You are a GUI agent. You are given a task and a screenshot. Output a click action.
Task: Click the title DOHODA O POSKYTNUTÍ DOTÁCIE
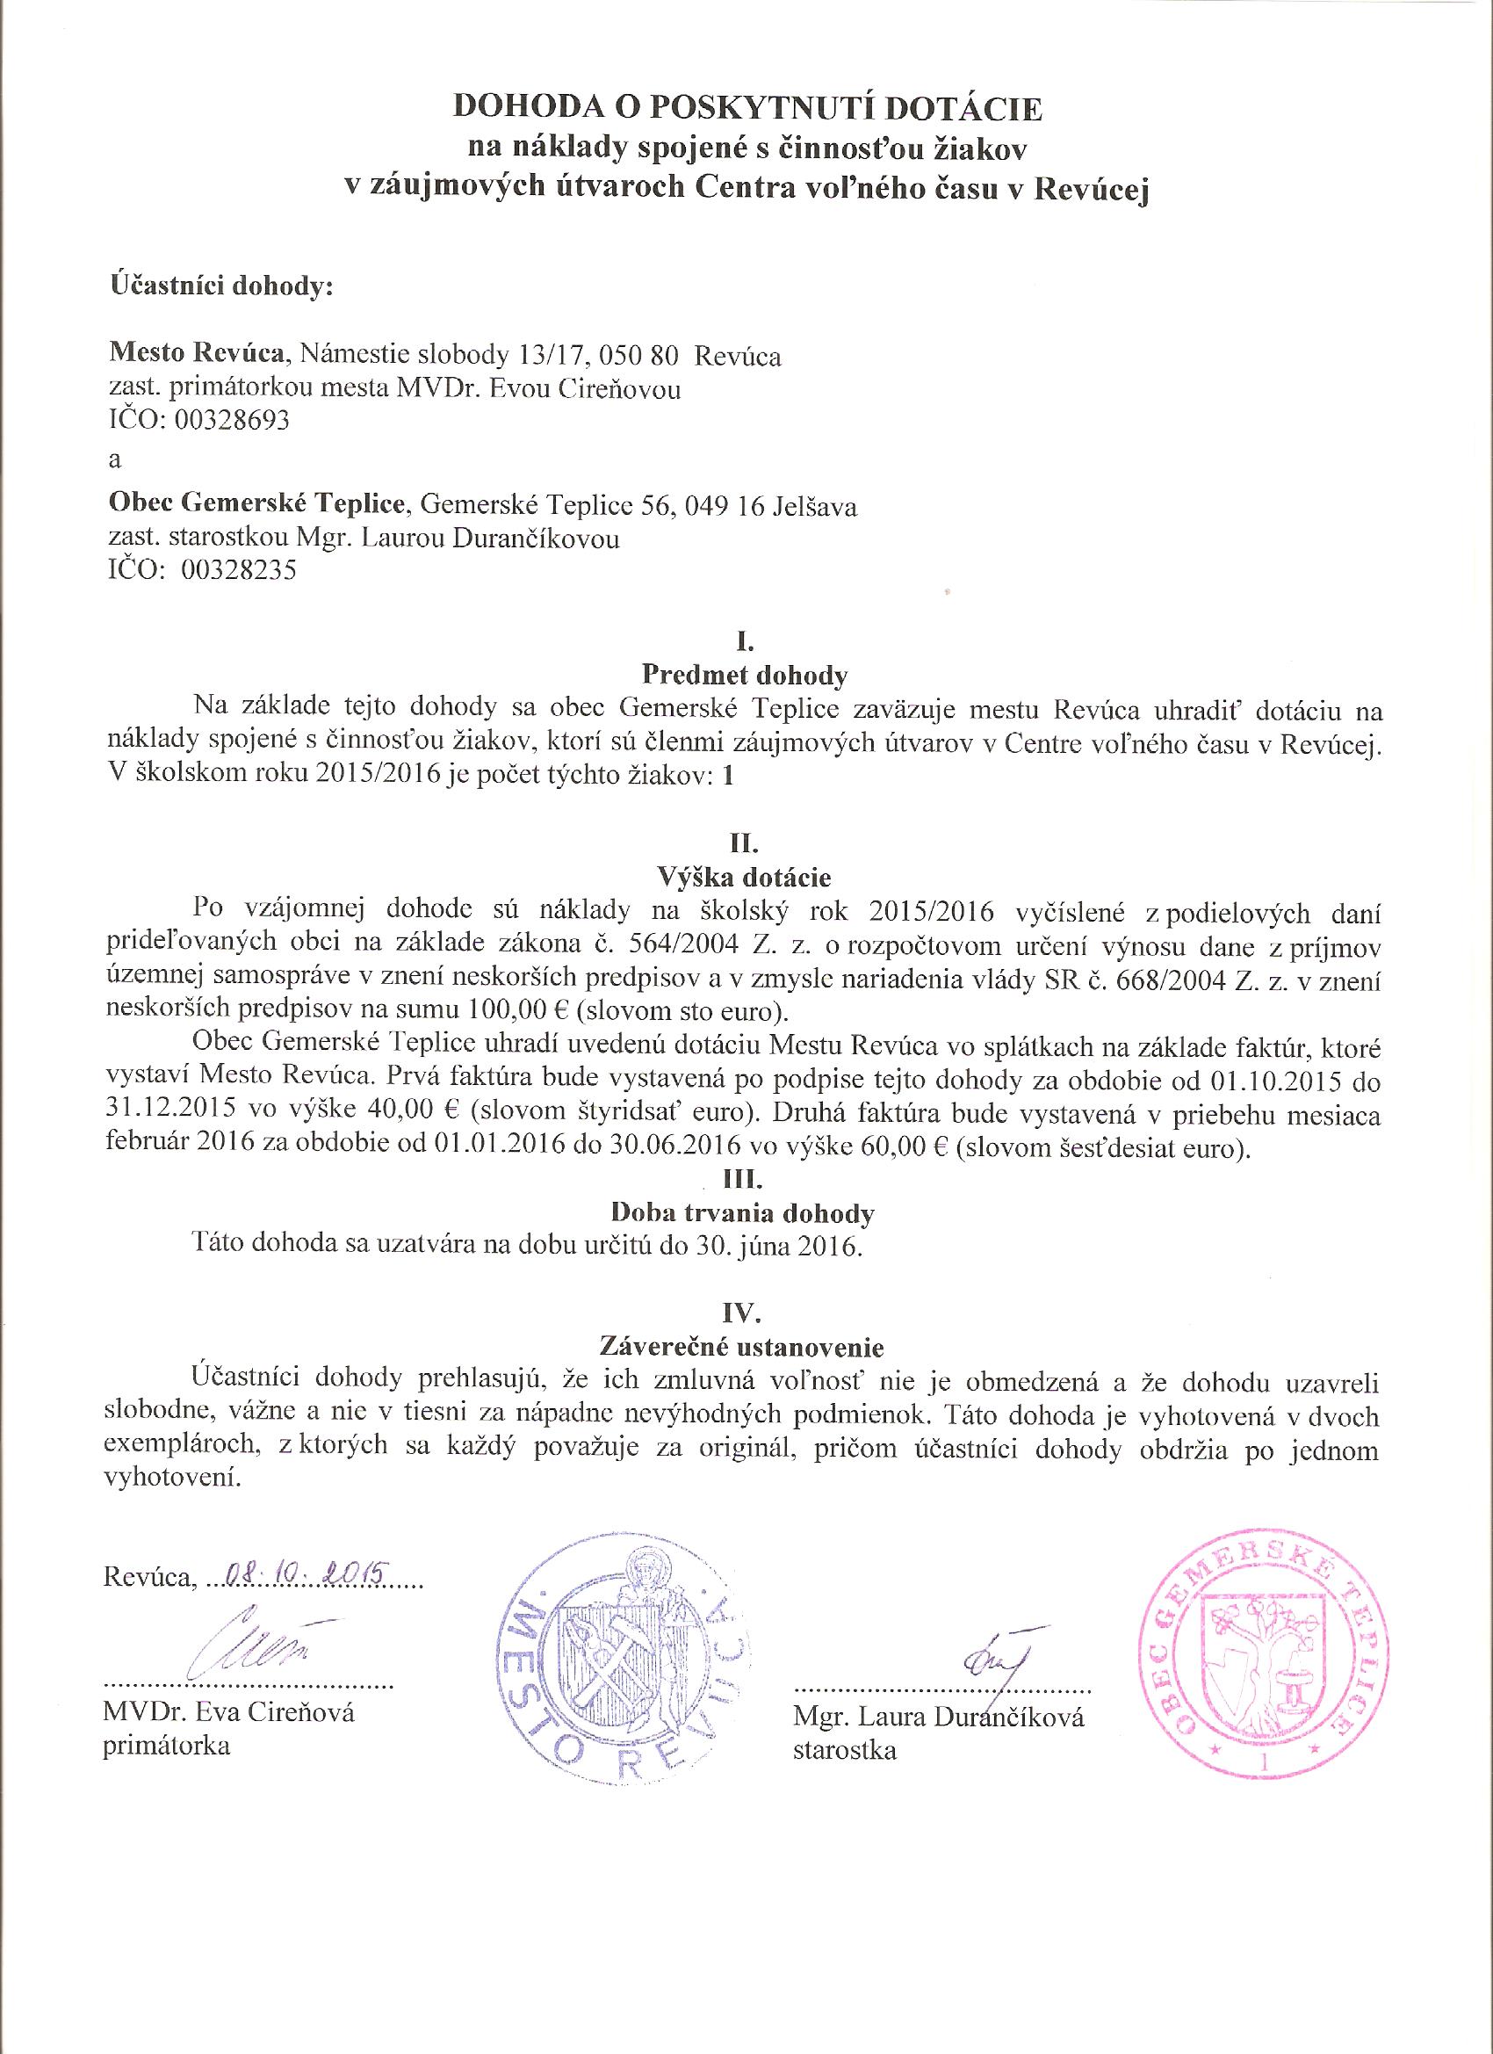tap(747, 109)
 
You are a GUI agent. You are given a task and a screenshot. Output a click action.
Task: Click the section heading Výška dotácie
tap(745, 878)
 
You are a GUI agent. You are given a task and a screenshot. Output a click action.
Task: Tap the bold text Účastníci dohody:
tap(223, 287)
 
